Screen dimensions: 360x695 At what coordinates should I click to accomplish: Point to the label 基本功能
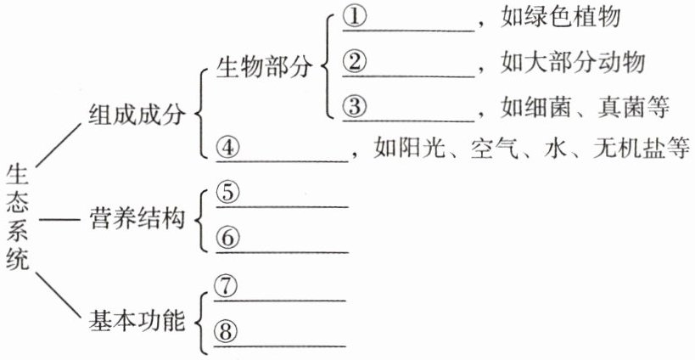[x=137, y=322]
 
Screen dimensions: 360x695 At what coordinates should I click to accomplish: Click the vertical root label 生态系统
[x=18, y=217]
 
